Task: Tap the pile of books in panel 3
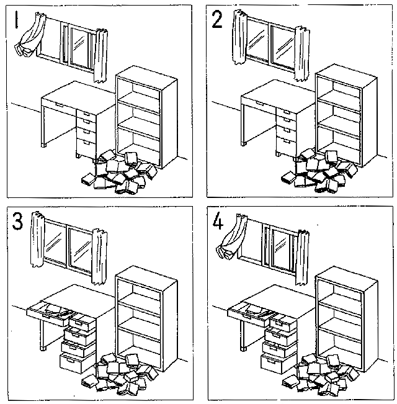[118, 375]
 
